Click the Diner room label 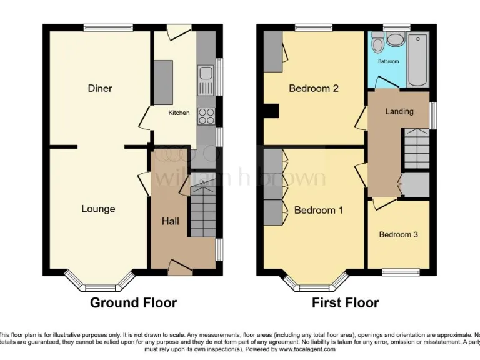click(100, 88)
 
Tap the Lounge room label click(98, 209)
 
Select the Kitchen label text click(179, 112)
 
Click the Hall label click(170, 221)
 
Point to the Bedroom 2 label click(313, 88)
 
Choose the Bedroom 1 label click(319, 210)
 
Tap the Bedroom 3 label click(398, 234)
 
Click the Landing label click(399, 111)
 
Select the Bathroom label click(388, 61)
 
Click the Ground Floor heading click(133, 303)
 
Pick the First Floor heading click(345, 303)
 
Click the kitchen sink click(206, 79)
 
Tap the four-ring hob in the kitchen click(206, 116)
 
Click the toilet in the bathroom click(377, 44)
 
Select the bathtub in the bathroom click(416, 60)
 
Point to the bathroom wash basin click(395, 40)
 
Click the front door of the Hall click(180, 268)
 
